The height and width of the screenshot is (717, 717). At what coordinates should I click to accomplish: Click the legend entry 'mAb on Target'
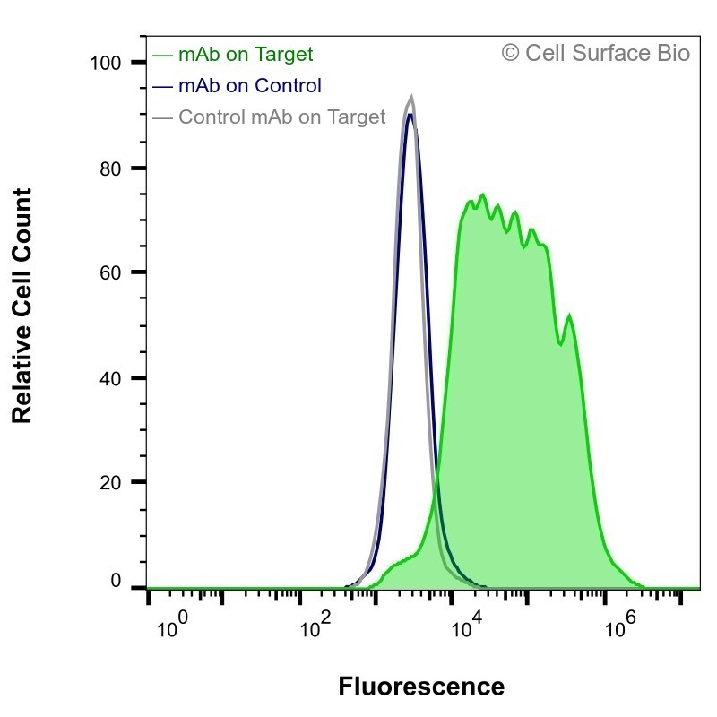point(246,55)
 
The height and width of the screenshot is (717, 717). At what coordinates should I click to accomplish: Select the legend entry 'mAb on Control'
point(250,85)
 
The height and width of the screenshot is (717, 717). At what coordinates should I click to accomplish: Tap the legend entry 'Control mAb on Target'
point(282,117)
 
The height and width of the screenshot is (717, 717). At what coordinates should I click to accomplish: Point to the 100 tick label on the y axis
point(106,63)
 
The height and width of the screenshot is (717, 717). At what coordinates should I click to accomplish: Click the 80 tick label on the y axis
point(110,169)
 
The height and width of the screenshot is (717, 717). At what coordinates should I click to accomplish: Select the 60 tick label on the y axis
point(110,273)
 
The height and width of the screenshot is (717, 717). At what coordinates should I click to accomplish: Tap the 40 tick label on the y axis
point(110,378)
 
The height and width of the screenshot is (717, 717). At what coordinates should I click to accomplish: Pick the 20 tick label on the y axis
point(110,482)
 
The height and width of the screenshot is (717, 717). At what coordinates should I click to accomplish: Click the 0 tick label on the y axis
point(117,581)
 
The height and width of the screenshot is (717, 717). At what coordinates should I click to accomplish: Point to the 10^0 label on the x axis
point(172,624)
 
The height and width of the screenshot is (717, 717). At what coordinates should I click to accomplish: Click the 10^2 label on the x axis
point(315,624)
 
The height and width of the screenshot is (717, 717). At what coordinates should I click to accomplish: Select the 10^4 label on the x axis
point(467,624)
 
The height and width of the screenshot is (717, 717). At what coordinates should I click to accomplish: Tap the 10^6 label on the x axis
point(620,624)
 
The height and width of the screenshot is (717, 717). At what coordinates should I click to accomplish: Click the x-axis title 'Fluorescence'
point(421,687)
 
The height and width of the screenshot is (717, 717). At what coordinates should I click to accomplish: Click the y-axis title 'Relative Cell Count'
point(22,306)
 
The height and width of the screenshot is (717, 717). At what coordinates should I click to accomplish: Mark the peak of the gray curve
point(411,97)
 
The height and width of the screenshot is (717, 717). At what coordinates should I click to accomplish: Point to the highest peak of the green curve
point(482,195)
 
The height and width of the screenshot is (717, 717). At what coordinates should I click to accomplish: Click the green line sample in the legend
point(162,56)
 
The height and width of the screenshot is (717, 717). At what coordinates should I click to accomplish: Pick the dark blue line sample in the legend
point(162,86)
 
